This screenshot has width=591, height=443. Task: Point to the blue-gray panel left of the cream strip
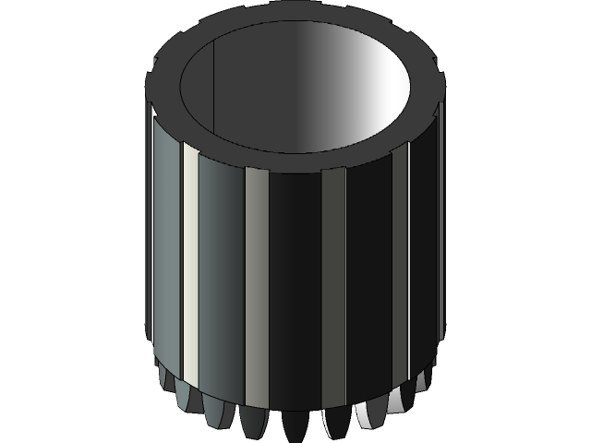tap(169, 258)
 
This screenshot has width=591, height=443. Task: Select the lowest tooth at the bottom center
tap(295, 426)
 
